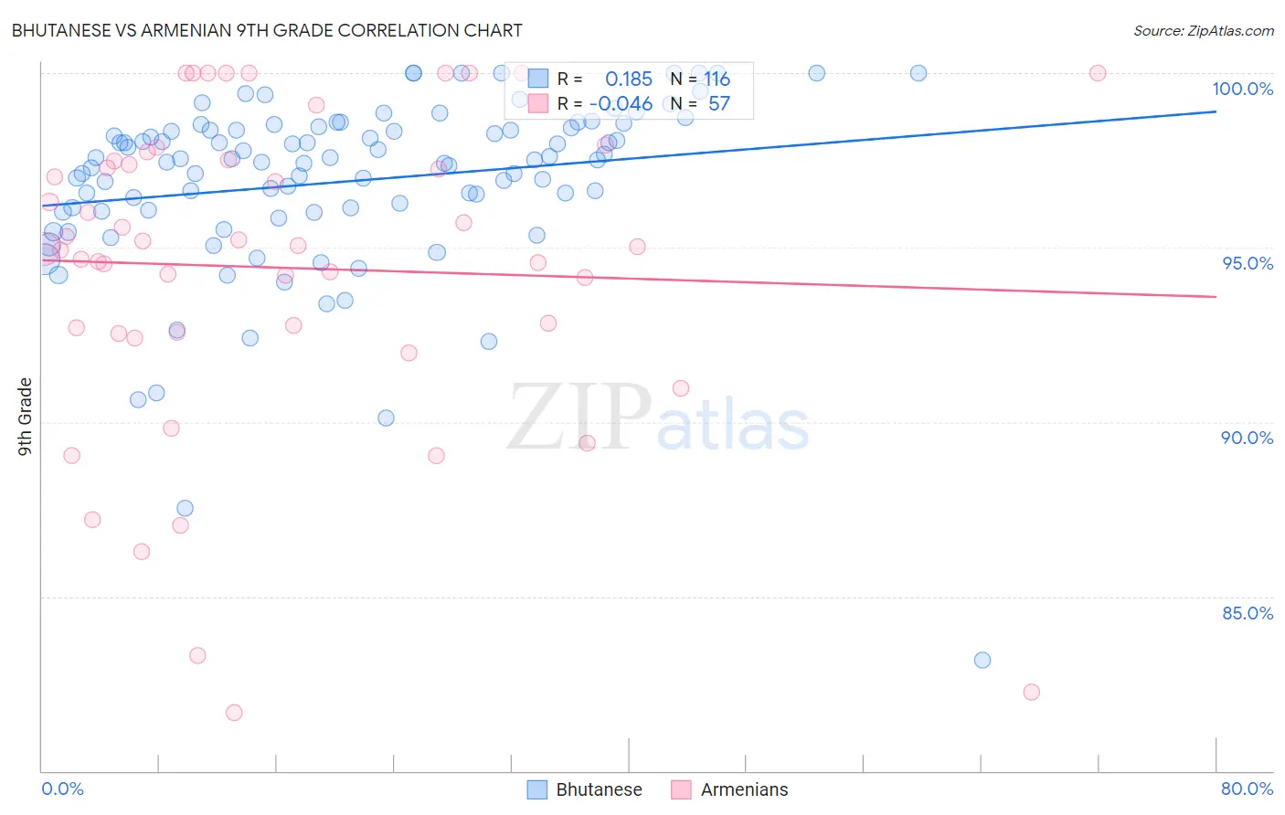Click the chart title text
[x=267, y=30]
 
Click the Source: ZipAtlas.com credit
[x=1203, y=30]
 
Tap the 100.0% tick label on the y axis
[x=1242, y=89]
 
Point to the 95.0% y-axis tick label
[x=1248, y=263]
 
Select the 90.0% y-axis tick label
[x=1247, y=438]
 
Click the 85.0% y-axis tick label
[x=1247, y=613]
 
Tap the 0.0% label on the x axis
[x=62, y=789]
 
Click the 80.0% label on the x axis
[x=1247, y=789]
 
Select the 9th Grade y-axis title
[x=25, y=417]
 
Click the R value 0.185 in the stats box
[x=629, y=79]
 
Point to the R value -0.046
[x=621, y=104]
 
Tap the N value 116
[x=717, y=79]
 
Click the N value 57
[x=719, y=104]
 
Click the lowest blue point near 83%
[x=982, y=660]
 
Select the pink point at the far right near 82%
[x=1032, y=692]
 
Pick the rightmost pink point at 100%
[x=1098, y=73]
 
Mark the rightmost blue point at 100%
[x=919, y=73]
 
